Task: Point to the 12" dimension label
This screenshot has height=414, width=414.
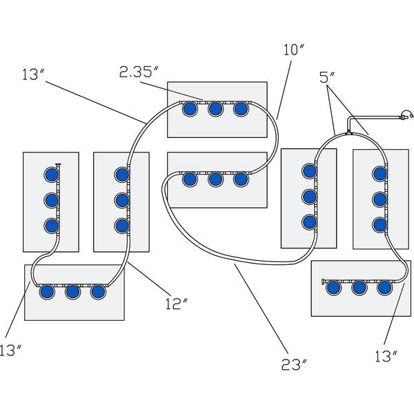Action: point(177,302)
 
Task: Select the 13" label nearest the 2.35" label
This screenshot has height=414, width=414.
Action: point(33,75)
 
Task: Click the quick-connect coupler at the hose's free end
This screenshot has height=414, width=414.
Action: point(406,117)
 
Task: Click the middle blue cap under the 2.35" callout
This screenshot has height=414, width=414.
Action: point(215,108)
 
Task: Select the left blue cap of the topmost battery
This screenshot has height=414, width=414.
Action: point(189,108)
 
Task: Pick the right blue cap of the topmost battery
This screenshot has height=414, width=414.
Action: point(241,108)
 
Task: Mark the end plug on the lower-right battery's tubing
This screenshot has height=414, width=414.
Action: point(323,282)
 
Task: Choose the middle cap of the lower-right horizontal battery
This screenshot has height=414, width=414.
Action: point(359,288)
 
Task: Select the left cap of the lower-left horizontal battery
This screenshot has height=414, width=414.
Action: point(46,292)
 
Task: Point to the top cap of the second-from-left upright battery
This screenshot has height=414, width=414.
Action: point(121,173)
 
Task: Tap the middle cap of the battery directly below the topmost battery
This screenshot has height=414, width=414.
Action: point(215,179)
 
